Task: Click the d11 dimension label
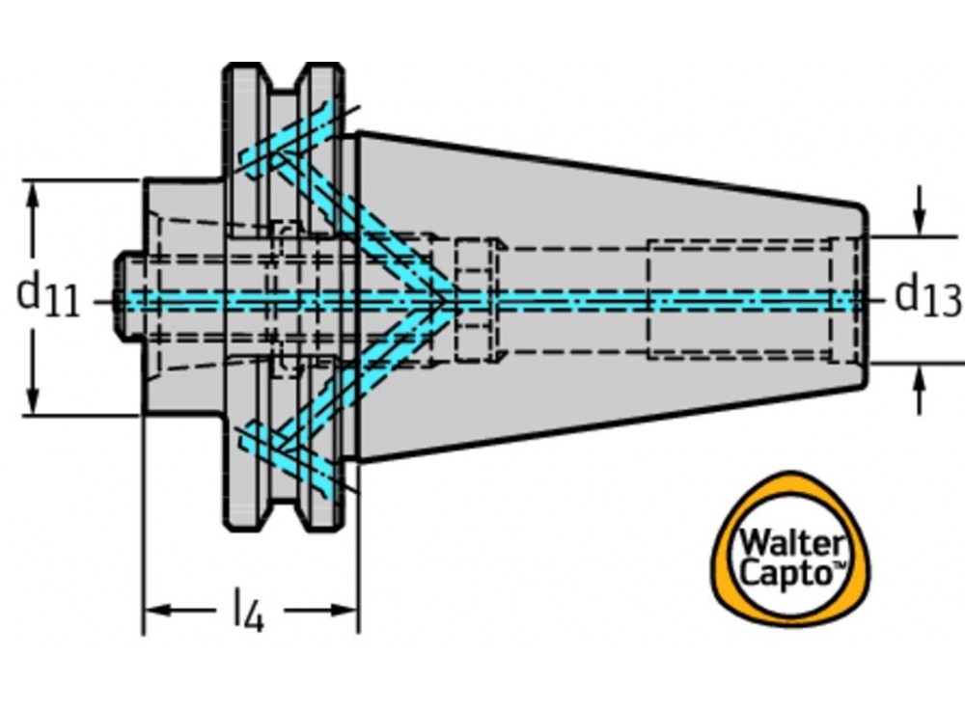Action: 48,294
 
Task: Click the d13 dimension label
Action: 926,296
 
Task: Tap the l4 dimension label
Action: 247,613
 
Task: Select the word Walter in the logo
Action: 789,540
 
